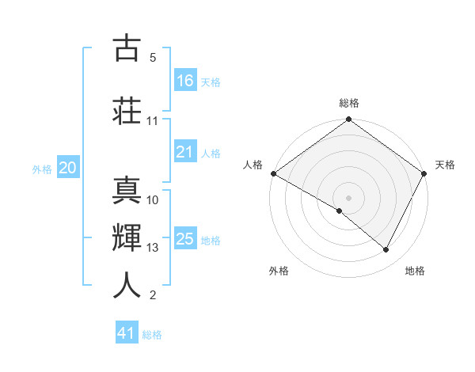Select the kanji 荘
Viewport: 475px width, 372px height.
point(127,110)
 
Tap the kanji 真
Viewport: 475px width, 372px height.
point(127,189)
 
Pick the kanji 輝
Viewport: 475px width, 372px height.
point(127,237)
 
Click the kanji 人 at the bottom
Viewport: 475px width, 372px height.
point(127,285)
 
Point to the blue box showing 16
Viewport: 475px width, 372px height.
point(184,81)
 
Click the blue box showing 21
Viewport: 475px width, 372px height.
point(184,152)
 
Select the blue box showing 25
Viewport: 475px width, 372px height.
point(184,239)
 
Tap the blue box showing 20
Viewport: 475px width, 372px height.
point(68,168)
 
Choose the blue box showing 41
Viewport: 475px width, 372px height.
point(127,333)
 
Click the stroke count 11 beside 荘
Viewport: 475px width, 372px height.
point(153,121)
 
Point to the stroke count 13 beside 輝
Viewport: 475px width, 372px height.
point(153,248)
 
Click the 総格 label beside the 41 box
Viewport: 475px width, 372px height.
point(152,335)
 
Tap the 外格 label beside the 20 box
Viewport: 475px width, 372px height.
point(42,169)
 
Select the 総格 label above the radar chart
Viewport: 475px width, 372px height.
point(348,103)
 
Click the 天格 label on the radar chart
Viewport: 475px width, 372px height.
point(445,165)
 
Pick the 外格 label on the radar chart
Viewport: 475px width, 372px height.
point(279,271)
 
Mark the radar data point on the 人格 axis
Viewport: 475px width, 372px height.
point(273,173)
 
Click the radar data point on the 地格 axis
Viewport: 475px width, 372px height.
point(386,250)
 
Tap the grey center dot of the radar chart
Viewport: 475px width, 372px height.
point(348,197)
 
